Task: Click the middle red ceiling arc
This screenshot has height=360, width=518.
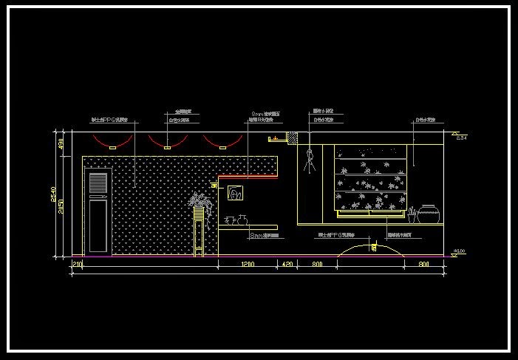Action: [167, 140]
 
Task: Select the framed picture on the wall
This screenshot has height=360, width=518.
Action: [236, 194]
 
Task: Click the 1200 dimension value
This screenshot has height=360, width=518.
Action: [247, 264]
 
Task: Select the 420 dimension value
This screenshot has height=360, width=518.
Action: [286, 264]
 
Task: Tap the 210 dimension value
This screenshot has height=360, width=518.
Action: [76, 264]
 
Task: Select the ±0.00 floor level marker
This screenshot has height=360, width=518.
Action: [459, 253]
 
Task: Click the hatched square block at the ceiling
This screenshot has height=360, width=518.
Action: [293, 137]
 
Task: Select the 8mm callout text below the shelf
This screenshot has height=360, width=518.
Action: [264, 235]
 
